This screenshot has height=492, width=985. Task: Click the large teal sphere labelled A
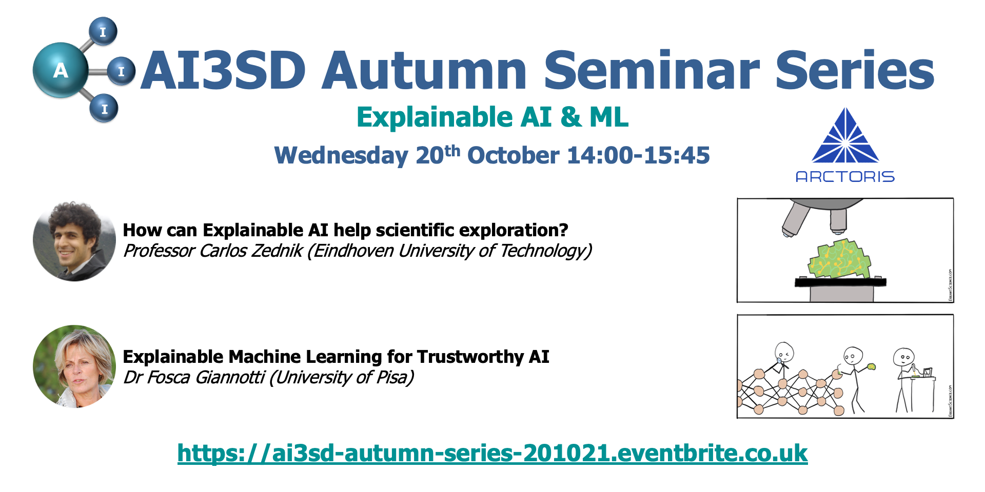61,70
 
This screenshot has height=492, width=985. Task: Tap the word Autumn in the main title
424,70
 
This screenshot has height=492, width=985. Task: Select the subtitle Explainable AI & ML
493,117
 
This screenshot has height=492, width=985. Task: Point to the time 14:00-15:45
639,155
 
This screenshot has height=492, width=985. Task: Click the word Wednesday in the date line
341,156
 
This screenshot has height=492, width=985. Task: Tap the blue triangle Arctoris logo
845,135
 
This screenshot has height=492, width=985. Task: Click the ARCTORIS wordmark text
845,177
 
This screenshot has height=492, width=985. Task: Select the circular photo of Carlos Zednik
74,241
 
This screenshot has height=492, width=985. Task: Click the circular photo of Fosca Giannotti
74,366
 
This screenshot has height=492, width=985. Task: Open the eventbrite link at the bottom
493,453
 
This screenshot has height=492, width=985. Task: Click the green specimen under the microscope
839,259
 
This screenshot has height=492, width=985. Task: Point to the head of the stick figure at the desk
903,357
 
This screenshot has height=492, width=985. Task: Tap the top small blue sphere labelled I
103,31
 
